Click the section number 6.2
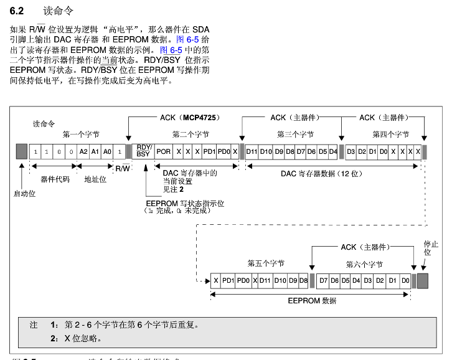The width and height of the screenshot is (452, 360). pyautogui.click(x=17, y=11)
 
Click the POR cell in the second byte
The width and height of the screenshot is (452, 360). pyautogui.click(x=164, y=152)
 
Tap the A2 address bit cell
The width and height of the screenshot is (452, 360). pyautogui.click(x=83, y=152)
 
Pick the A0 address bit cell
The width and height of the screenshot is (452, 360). pyautogui.click(x=107, y=152)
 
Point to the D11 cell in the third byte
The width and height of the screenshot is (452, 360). pyautogui.click(x=252, y=152)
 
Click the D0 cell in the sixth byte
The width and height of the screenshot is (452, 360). pyautogui.click(x=405, y=280)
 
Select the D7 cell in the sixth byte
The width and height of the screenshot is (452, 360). pyautogui.click(x=323, y=280)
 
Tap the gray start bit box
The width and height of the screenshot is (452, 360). pyautogui.click(x=22, y=151)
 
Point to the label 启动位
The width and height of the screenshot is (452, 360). pyautogui.click(x=25, y=194)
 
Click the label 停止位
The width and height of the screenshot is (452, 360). pyautogui.click(x=427, y=247)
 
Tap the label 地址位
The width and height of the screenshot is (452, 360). pyautogui.click(x=96, y=179)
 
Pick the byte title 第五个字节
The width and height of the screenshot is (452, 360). pyautogui.click(x=266, y=264)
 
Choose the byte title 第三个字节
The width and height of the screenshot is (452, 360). pyautogui.click(x=296, y=135)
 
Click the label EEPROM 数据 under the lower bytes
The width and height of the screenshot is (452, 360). pyautogui.click(x=312, y=301)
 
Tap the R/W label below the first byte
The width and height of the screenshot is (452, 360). pyautogui.click(x=123, y=168)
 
